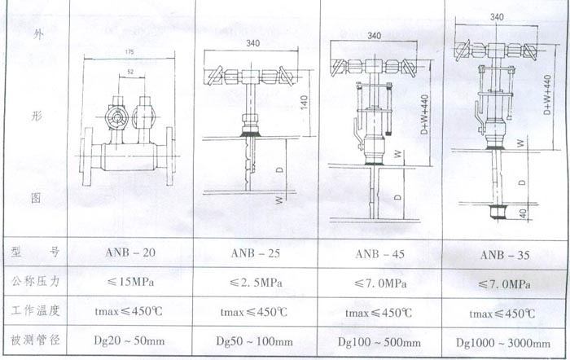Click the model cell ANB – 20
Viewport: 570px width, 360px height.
[130, 253]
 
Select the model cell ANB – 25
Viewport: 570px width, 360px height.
[256, 253]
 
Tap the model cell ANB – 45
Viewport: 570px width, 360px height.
[382, 253]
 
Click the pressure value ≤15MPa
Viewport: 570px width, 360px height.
[130, 282]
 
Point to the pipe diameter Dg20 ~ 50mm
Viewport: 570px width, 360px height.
[130, 340]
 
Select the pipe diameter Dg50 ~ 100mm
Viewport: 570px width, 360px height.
[256, 340]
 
